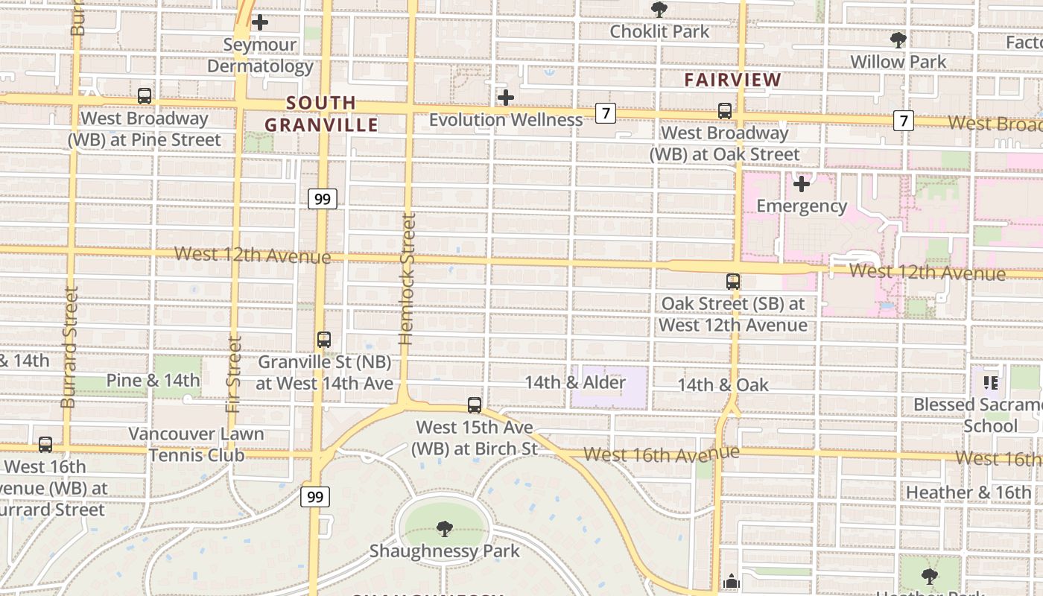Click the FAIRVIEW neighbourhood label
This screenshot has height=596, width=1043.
click(732, 80)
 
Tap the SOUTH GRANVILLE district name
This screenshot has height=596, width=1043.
click(322, 114)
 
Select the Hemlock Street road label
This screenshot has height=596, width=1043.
click(407, 279)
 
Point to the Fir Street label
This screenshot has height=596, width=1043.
click(235, 375)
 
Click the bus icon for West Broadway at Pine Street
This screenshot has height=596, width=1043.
click(145, 96)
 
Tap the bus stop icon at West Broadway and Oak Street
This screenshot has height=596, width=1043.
click(725, 111)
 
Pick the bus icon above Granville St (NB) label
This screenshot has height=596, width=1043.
click(324, 340)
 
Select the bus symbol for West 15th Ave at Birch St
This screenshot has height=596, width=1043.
click(475, 405)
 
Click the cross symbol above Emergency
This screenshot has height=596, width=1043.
click(802, 183)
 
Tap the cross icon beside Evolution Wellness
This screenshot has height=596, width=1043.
click(506, 98)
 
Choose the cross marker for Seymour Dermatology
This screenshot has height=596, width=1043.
click(259, 22)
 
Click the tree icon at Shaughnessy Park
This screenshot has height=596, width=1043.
click(445, 529)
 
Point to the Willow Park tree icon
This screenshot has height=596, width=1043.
click(898, 39)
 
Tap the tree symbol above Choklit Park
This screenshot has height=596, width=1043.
click(659, 10)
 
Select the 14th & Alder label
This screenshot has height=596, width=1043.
click(575, 382)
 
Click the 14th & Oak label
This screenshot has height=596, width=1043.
click(723, 385)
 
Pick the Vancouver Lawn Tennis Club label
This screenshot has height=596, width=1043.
click(197, 444)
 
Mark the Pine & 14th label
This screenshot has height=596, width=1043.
click(153, 381)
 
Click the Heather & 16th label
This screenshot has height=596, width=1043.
click(968, 492)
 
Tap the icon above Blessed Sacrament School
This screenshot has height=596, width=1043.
click(990, 383)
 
